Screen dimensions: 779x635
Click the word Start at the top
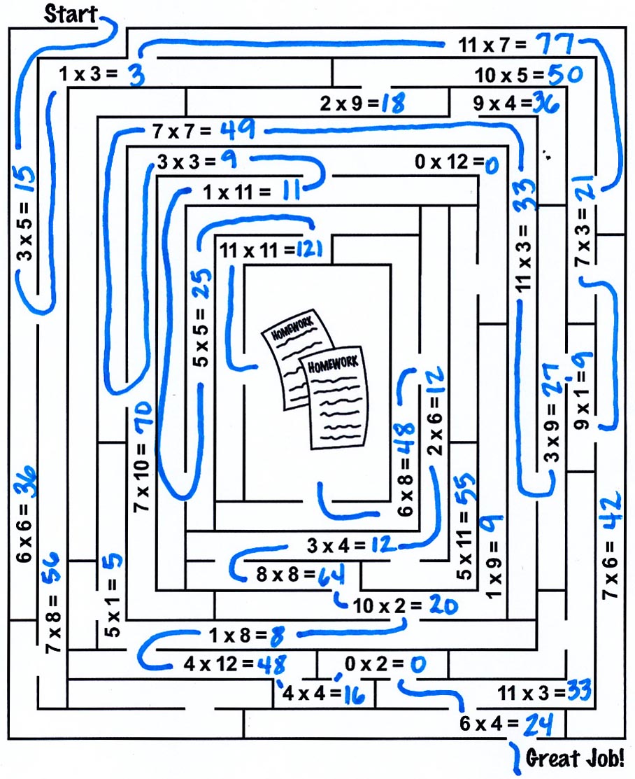pyautogui.click(x=70, y=13)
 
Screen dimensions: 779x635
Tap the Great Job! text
pyautogui.click(x=575, y=758)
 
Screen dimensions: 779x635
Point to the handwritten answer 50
pyautogui.click(x=566, y=74)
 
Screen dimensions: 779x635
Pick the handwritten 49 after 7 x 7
pyautogui.click(x=237, y=129)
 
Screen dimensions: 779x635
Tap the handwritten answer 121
pyautogui.click(x=308, y=249)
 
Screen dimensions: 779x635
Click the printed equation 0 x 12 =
pyautogui.click(x=448, y=162)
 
